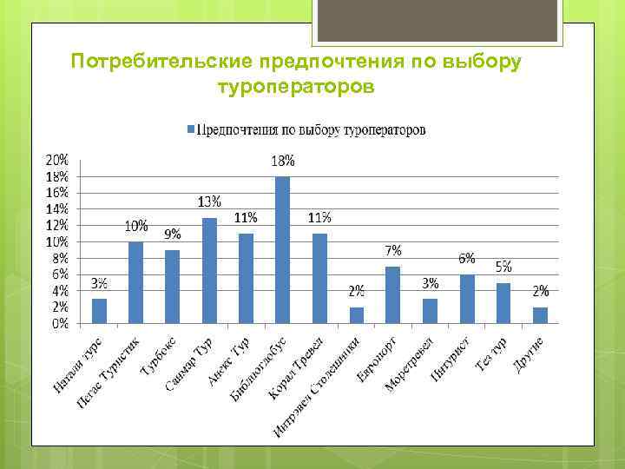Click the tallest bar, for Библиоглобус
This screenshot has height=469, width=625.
click(282, 250)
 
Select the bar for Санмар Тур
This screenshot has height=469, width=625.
click(209, 271)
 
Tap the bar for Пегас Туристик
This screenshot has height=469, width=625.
click(135, 283)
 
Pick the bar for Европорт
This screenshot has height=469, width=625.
click(392, 295)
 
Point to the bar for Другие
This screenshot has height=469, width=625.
click(540, 315)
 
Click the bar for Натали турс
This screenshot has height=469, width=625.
click(99, 311)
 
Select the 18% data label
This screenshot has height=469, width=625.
click(283, 161)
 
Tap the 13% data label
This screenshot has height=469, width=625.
click(208, 201)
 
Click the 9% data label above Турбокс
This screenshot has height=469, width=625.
click(173, 233)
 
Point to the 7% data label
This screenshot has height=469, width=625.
click(393, 250)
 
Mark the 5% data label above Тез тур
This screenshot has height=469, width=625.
click(503, 266)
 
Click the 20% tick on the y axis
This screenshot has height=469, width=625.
click(57, 161)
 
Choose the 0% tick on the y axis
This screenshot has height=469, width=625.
click(60, 324)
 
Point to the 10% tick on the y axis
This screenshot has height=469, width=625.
click(57, 241)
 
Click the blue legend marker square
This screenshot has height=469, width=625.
click(192, 130)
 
